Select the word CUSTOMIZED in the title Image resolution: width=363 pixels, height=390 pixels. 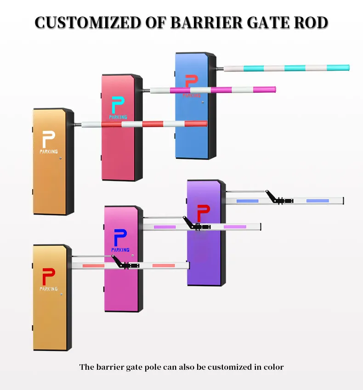[x=88, y=23]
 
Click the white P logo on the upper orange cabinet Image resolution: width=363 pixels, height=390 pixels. [x=48, y=139]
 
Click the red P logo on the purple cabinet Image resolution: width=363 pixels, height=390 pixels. [x=203, y=213]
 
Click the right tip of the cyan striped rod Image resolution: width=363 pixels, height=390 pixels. [x=347, y=68]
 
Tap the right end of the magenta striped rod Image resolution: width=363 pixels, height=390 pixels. [x=274, y=90]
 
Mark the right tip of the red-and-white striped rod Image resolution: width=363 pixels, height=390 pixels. [x=205, y=124]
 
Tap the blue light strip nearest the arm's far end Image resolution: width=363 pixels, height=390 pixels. [x=318, y=201]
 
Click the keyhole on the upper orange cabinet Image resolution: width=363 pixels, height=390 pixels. [x=60, y=159]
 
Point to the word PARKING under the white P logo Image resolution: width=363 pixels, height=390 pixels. [x=49, y=152]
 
